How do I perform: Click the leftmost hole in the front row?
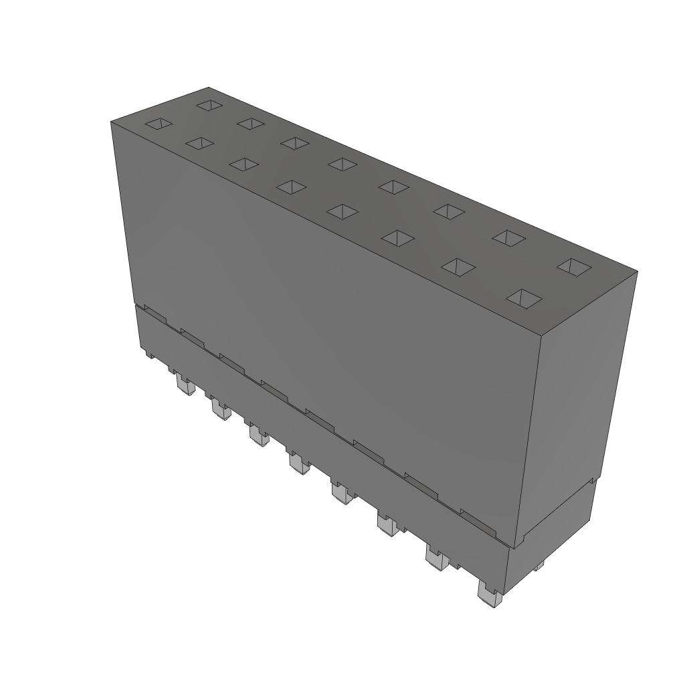[159, 124]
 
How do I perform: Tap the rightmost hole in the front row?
[524, 297]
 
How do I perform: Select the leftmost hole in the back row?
[209, 105]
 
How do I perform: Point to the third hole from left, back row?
[294, 142]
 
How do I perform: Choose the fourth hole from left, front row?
[290, 187]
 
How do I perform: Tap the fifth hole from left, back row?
[393, 187]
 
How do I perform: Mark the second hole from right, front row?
[458, 267]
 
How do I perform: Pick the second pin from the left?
[219, 407]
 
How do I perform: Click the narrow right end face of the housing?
[579, 401]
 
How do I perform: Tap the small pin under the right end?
[539, 567]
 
